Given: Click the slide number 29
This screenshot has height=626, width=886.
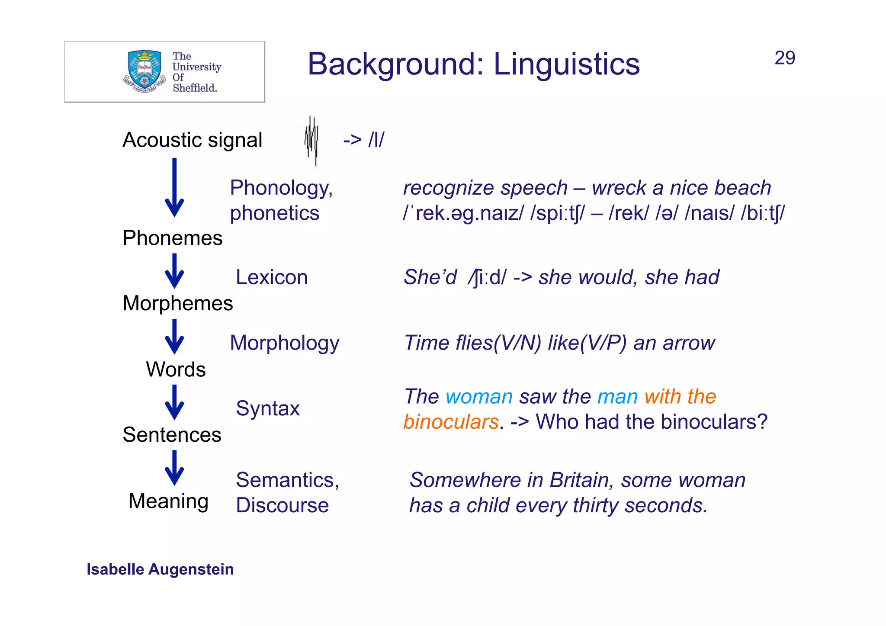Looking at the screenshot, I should click(784, 58).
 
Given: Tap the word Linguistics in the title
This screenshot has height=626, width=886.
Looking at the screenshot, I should click(566, 64).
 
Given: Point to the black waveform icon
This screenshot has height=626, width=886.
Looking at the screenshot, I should click(311, 141).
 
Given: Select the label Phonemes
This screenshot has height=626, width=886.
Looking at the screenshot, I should click(172, 238).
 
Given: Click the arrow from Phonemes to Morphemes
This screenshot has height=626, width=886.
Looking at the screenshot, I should click(174, 271).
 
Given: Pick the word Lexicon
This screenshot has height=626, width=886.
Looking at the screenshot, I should click(271, 277).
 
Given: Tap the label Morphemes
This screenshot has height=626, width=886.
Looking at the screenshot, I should click(177, 303).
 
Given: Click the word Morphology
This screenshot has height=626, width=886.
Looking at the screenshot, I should click(284, 343).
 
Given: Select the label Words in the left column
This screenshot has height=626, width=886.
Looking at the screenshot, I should click(176, 369).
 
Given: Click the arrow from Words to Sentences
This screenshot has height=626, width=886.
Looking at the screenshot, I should click(174, 402).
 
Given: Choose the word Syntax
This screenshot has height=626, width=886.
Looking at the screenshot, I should click(267, 408).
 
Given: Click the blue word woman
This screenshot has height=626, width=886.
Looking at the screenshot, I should click(479, 397).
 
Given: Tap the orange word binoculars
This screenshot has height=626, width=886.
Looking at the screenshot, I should click(451, 422).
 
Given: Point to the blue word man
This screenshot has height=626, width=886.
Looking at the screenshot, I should click(617, 397).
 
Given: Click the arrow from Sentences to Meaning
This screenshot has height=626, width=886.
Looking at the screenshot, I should click(174, 468).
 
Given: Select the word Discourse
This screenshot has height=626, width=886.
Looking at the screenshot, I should click(282, 505).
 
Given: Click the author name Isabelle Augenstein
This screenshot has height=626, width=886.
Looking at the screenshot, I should click(160, 569).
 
